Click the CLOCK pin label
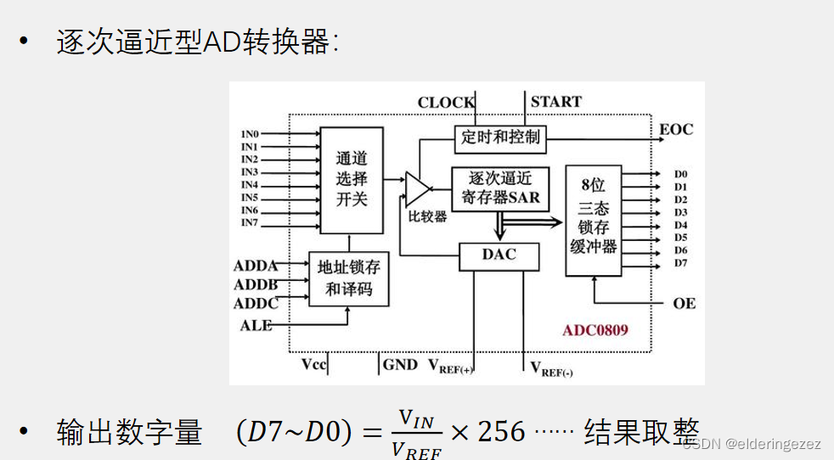point(446,103)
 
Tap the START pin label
point(556,102)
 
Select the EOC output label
point(676,130)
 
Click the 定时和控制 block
point(500,137)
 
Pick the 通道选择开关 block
point(352,179)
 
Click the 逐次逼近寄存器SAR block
point(500,188)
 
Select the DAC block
point(499,255)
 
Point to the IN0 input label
point(250,134)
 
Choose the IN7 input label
point(250,223)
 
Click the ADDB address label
point(256,285)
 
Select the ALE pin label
point(256,325)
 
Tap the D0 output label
point(680,174)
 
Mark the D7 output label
point(680,263)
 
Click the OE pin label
point(684,303)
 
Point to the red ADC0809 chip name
point(595,329)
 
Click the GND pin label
point(400,365)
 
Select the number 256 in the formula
point(502,432)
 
